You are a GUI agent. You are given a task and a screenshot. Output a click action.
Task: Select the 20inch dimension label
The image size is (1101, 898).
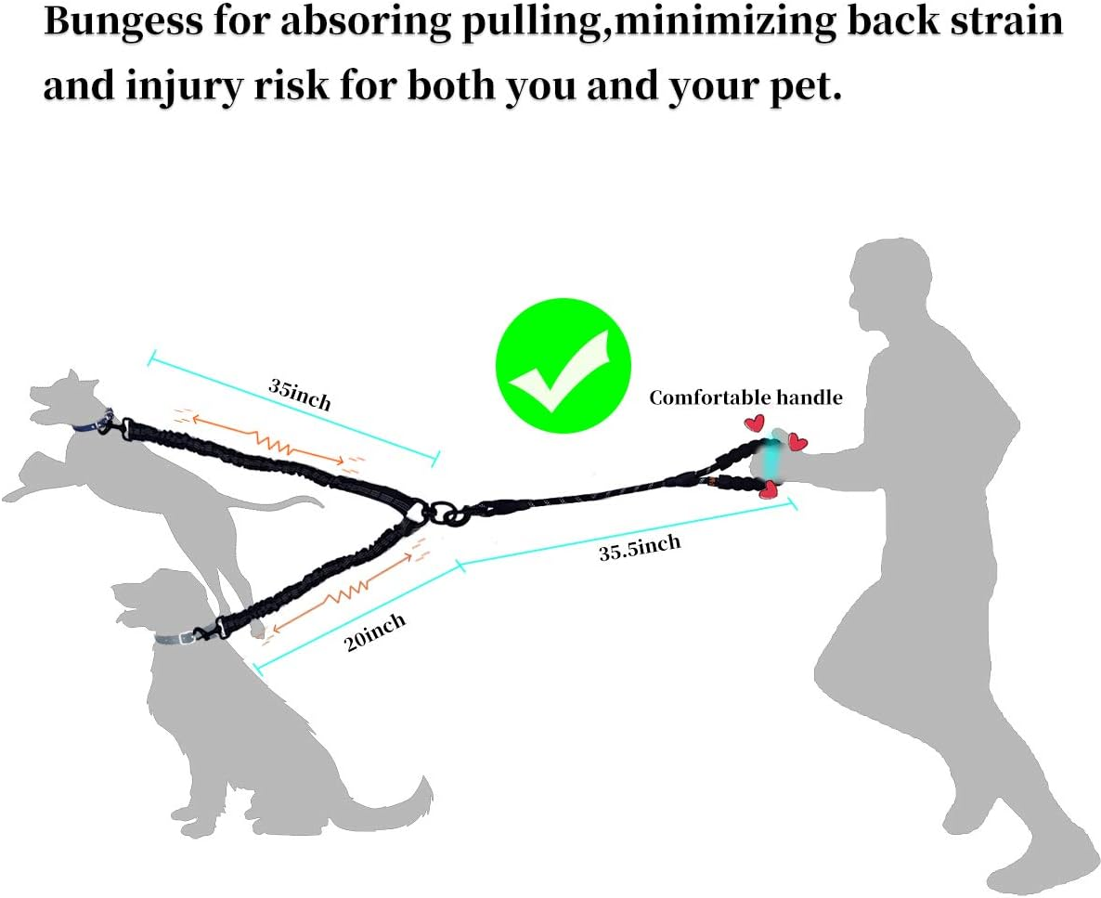click(x=374, y=633)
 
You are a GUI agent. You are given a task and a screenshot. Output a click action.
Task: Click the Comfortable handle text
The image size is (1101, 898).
click(x=745, y=398)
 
